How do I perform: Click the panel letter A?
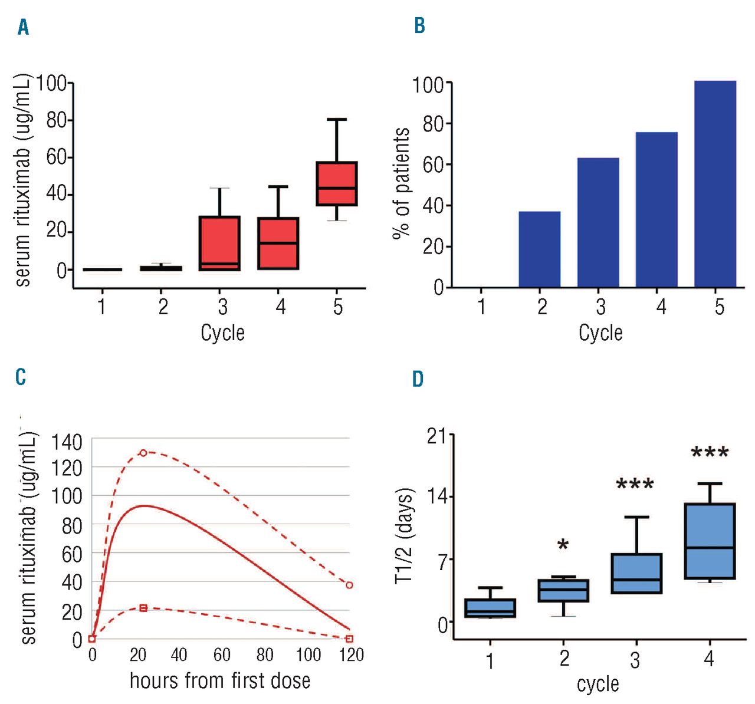[x=23, y=27]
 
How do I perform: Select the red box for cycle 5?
[x=337, y=183]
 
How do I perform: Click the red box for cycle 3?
[x=219, y=243]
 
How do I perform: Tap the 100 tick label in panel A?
[x=51, y=84]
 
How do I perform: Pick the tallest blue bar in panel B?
[x=715, y=184]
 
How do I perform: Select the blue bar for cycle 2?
[x=540, y=249]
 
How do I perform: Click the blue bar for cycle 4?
[x=656, y=210]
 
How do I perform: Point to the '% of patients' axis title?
[x=402, y=183]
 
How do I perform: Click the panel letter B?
[x=419, y=26]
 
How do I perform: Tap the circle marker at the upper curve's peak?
[x=143, y=453]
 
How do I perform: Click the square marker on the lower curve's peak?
[x=143, y=608]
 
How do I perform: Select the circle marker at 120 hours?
[x=349, y=585]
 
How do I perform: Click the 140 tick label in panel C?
[x=67, y=442]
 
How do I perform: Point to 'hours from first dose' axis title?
[x=219, y=680]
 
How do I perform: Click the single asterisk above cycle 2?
[x=563, y=544]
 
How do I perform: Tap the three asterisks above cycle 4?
[x=710, y=453]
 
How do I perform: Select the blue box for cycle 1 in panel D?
[x=490, y=608]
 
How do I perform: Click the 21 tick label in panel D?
[x=437, y=436]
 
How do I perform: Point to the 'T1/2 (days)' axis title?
[x=405, y=535]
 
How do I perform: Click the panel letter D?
[x=418, y=379]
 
